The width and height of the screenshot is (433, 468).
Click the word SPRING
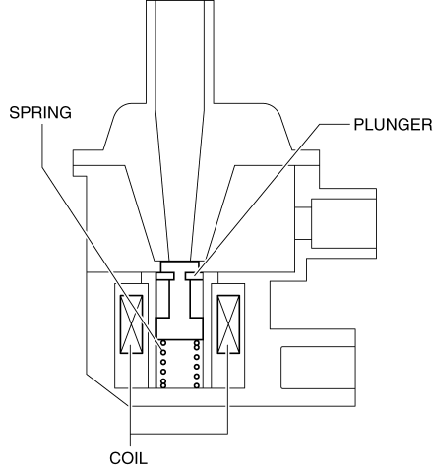click(x=40, y=112)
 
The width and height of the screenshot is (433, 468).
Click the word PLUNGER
click(x=393, y=125)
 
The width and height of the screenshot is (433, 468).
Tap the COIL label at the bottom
click(x=128, y=458)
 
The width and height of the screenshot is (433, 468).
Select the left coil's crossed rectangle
click(x=132, y=324)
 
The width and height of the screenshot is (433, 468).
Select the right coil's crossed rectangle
click(x=228, y=324)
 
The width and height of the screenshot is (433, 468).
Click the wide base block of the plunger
click(x=179, y=328)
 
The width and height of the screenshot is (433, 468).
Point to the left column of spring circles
click(x=163, y=364)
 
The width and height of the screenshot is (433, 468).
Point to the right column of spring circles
click(x=197, y=364)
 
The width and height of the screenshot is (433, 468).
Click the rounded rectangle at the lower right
click(x=318, y=368)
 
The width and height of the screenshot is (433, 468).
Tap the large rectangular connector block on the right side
click(x=343, y=223)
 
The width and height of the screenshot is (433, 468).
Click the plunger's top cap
click(x=179, y=266)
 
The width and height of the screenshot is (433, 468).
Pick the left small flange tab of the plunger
click(x=165, y=276)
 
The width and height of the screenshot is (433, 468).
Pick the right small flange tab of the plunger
click(x=194, y=276)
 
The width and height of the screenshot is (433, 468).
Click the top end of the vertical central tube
click(x=180, y=1)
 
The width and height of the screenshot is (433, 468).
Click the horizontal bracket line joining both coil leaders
click(x=179, y=434)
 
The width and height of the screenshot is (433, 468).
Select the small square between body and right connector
click(x=303, y=223)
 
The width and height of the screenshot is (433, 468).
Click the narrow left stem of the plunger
click(x=163, y=298)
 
